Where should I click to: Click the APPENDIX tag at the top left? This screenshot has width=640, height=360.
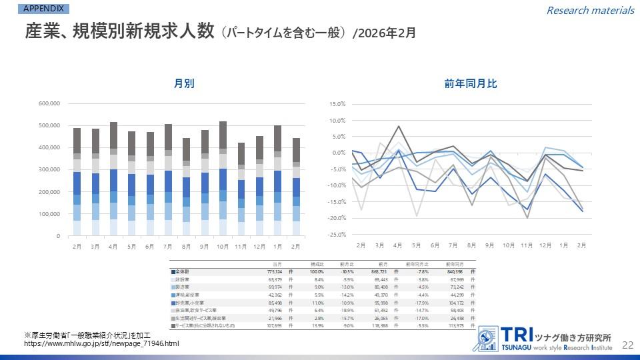click(43, 8)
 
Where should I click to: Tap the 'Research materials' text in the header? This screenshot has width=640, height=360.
click(590, 10)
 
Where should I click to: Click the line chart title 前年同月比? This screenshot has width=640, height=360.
click(471, 84)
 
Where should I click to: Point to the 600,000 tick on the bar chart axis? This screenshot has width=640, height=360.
click(50, 103)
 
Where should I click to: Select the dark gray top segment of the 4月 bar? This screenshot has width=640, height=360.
click(113, 135)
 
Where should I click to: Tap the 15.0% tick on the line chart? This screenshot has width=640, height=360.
click(337, 104)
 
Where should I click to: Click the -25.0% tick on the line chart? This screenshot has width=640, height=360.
click(336, 235)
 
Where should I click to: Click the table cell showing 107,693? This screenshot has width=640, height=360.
click(274, 326)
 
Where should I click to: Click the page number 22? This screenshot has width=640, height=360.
click(627, 345)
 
